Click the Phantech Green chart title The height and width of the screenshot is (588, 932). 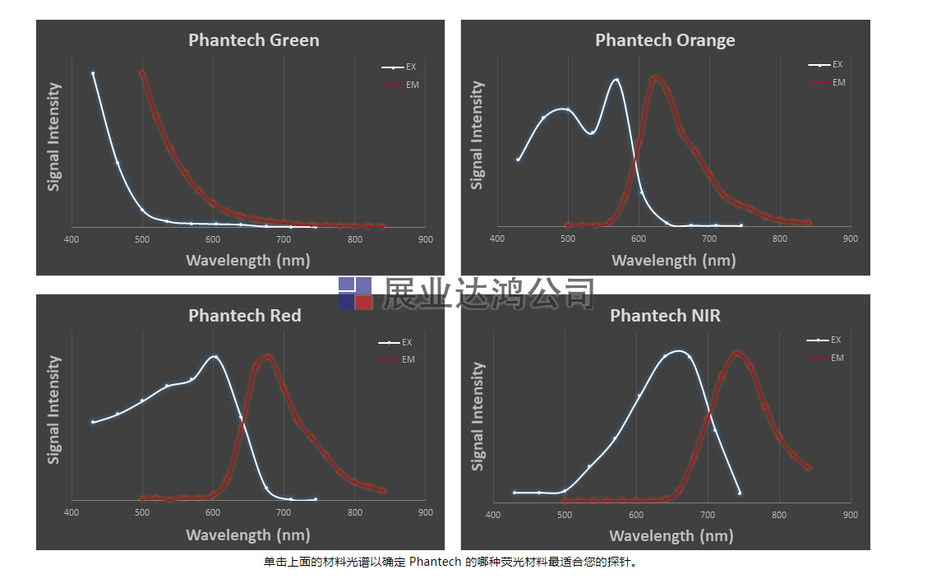[253, 39]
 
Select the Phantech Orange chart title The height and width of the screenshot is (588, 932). [665, 39]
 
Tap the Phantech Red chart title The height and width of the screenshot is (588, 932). [244, 315]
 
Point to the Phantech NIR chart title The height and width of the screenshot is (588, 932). [665, 315]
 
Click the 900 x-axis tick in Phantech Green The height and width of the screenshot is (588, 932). [425, 239]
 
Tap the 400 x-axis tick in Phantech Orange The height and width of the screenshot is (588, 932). [496, 238]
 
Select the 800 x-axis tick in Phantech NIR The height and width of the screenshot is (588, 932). [778, 515]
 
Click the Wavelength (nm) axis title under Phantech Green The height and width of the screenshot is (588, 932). [239, 261]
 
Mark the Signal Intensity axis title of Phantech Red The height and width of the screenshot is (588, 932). [54, 410]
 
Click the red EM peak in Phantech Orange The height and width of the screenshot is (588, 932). [655, 78]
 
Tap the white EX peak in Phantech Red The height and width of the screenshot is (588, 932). [215, 356]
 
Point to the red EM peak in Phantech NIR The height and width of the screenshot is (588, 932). [736, 352]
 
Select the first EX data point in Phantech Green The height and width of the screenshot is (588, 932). [93, 73]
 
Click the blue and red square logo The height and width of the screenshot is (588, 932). [356, 294]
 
